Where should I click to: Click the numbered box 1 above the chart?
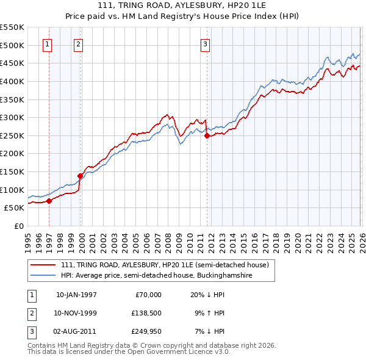pyautogui.click(x=48, y=43)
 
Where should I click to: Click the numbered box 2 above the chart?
pyautogui.click(x=79, y=43)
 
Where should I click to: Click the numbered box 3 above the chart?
pyautogui.click(x=206, y=43)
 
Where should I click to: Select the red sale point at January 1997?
pyautogui.click(x=49, y=201)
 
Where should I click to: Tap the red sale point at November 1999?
pyautogui.click(x=80, y=176)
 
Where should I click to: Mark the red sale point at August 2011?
pyautogui.click(x=207, y=136)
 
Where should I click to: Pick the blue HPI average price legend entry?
pyautogui.click(x=156, y=276)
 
